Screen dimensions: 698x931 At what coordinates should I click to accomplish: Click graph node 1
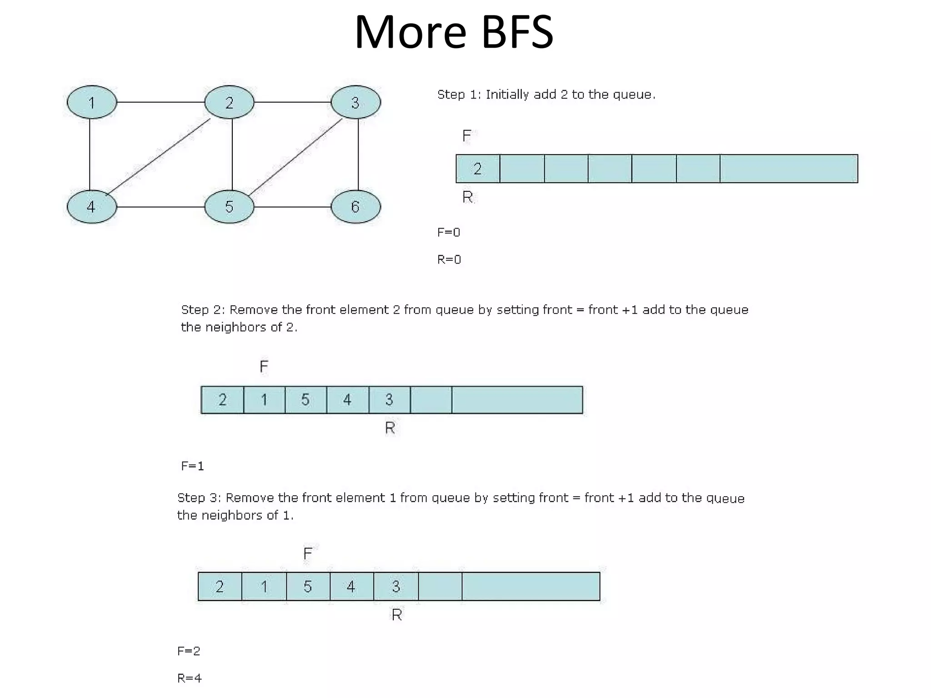[x=92, y=102]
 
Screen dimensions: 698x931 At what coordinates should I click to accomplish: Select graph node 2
[x=229, y=102]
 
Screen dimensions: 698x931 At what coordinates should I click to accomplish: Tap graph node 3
[x=355, y=102]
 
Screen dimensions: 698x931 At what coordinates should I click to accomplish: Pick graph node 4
[x=92, y=207]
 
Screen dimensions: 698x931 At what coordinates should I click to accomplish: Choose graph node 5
[x=229, y=207]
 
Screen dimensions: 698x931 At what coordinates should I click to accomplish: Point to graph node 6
[x=355, y=207]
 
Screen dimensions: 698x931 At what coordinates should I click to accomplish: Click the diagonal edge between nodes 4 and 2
[x=159, y=155]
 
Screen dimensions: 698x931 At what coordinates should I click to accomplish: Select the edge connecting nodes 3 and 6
[x=358, y=155]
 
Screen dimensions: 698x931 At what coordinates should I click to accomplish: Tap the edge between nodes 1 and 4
[x=90, y=155]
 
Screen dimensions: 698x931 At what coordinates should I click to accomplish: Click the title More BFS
[x=454, y=32]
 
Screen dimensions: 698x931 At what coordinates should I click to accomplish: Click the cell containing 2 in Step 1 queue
[x=477, y=169]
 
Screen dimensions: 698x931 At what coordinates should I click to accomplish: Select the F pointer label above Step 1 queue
[x=466, y=136]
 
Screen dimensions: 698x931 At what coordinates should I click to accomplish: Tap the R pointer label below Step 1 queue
[x=467, y=197]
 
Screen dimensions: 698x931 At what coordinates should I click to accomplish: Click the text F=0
[x=449, y=233]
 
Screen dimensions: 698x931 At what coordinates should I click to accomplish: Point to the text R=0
[x=449, y=259]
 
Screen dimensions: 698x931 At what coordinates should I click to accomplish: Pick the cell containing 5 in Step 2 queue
[x=305, y=400]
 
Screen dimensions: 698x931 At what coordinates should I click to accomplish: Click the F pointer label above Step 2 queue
[x=264, y=367]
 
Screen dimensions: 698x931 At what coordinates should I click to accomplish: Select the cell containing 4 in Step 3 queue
[x=351, y=587]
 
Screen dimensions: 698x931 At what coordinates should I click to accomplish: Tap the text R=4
[x=189, y=678]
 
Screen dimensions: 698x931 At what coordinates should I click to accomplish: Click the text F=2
[x=189, y=651]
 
